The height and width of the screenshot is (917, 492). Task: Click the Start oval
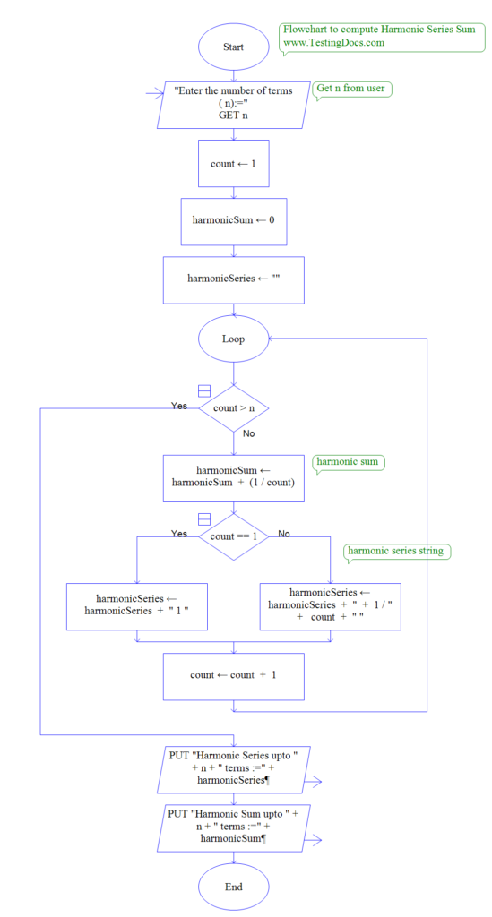point(233,46)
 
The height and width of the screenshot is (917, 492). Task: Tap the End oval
point(233,886)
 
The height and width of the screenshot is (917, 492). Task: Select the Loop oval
point(233,339)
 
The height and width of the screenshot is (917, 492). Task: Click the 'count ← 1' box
point(233,163)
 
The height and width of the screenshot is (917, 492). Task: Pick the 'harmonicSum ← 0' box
point(233,220)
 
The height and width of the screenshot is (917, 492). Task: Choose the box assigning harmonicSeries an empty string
point(233,279)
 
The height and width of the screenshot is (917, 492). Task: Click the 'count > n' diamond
point(233,409)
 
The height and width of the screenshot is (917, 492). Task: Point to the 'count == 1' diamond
point(233,536)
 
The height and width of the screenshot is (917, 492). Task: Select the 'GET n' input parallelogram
point(233,104)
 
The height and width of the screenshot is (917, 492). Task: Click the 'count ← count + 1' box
point(233,676)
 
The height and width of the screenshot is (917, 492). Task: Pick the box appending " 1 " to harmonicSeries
point(136,606)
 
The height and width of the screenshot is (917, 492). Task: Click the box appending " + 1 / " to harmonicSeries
point(330,606)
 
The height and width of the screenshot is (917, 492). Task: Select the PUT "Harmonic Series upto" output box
point(233,768)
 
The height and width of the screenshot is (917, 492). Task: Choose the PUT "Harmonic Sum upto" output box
point(233,826)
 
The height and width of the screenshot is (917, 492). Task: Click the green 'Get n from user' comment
point(352,90)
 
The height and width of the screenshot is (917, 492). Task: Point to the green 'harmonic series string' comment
point(395,552)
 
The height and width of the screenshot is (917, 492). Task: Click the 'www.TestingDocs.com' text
point(334,43)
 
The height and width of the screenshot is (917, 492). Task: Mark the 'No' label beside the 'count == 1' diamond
point(284,535)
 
